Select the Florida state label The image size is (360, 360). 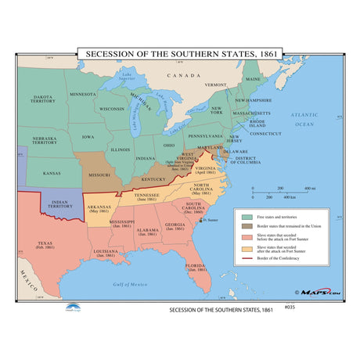click(196, 266)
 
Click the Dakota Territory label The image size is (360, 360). click(43, 100)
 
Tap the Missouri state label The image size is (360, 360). click(97, 175)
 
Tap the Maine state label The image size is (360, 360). click(252, 80)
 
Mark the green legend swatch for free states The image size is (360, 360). click(247, 215)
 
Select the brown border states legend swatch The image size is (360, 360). click(247, 225)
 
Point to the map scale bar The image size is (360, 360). click(282, 193)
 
